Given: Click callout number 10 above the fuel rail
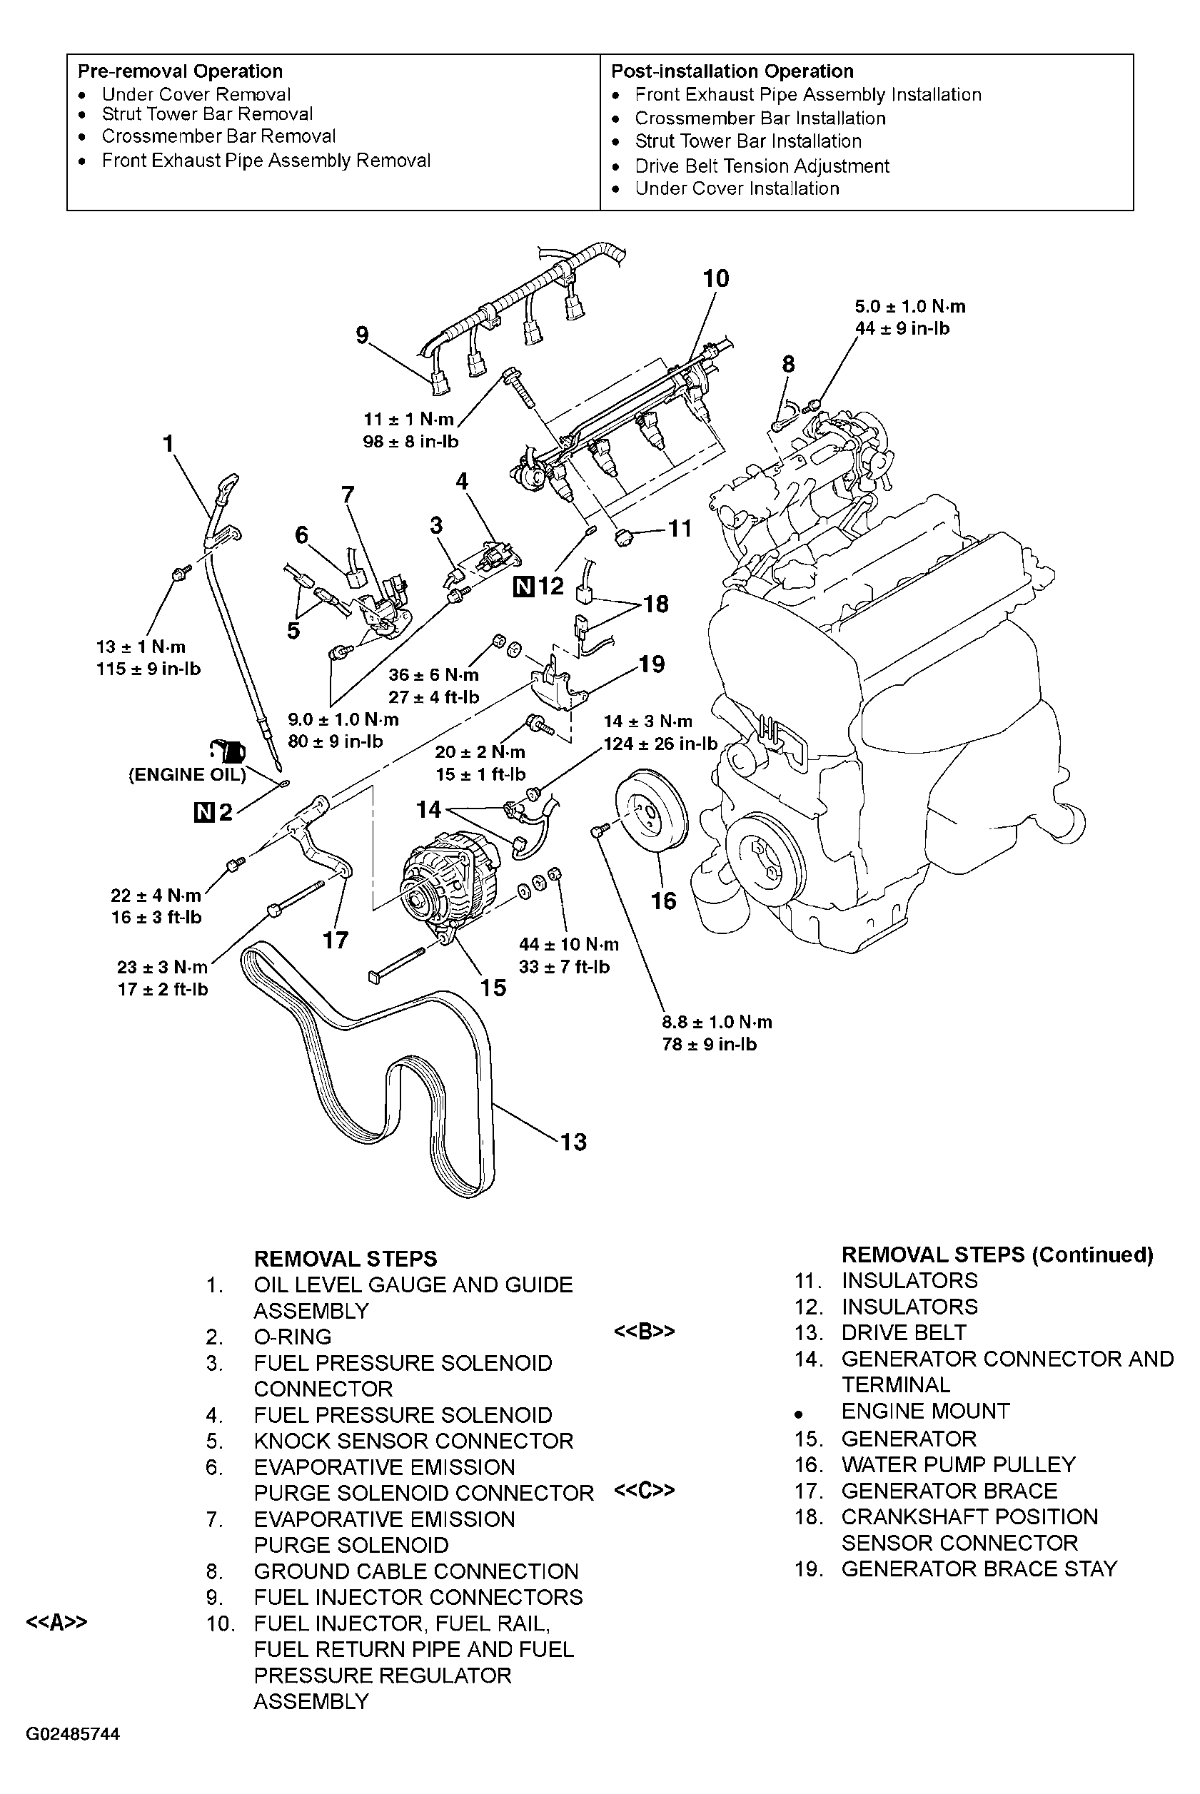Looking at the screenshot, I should tap(715, 279).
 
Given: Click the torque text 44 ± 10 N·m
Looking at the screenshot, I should tap(569, 944).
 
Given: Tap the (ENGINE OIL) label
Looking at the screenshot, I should tap(187, 775).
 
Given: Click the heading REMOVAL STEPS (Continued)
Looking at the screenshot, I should tap(997, 1255).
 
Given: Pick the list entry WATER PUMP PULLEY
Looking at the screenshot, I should tap(958, 1464).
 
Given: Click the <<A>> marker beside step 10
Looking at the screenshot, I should tap(56, 1623).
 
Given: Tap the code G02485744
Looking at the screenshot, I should tap(73, 1733).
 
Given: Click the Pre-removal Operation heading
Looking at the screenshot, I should tap(180, 71).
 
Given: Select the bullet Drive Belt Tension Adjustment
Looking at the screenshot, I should tap(762, 166).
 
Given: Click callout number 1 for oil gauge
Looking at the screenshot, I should tap(168, 444).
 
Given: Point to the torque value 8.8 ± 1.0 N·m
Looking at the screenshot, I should tap(717, 1022).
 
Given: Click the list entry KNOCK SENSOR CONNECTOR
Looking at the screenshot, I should tap(413, 1441).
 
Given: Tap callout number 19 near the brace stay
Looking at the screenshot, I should tap(651, 664).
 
